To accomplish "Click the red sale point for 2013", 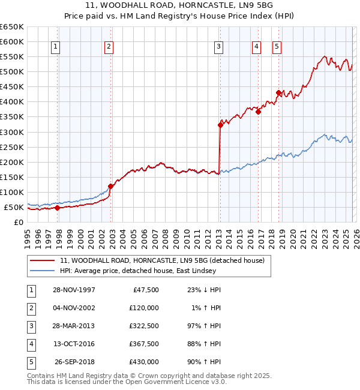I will point(220,125).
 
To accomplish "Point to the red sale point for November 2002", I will point(110,186).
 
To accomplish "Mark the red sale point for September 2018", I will point(278,92).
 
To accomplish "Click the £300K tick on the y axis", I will point(12,132).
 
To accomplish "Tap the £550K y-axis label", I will point(12,56).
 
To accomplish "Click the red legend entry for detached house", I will point(166,260).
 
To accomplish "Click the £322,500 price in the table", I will point(143,326).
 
